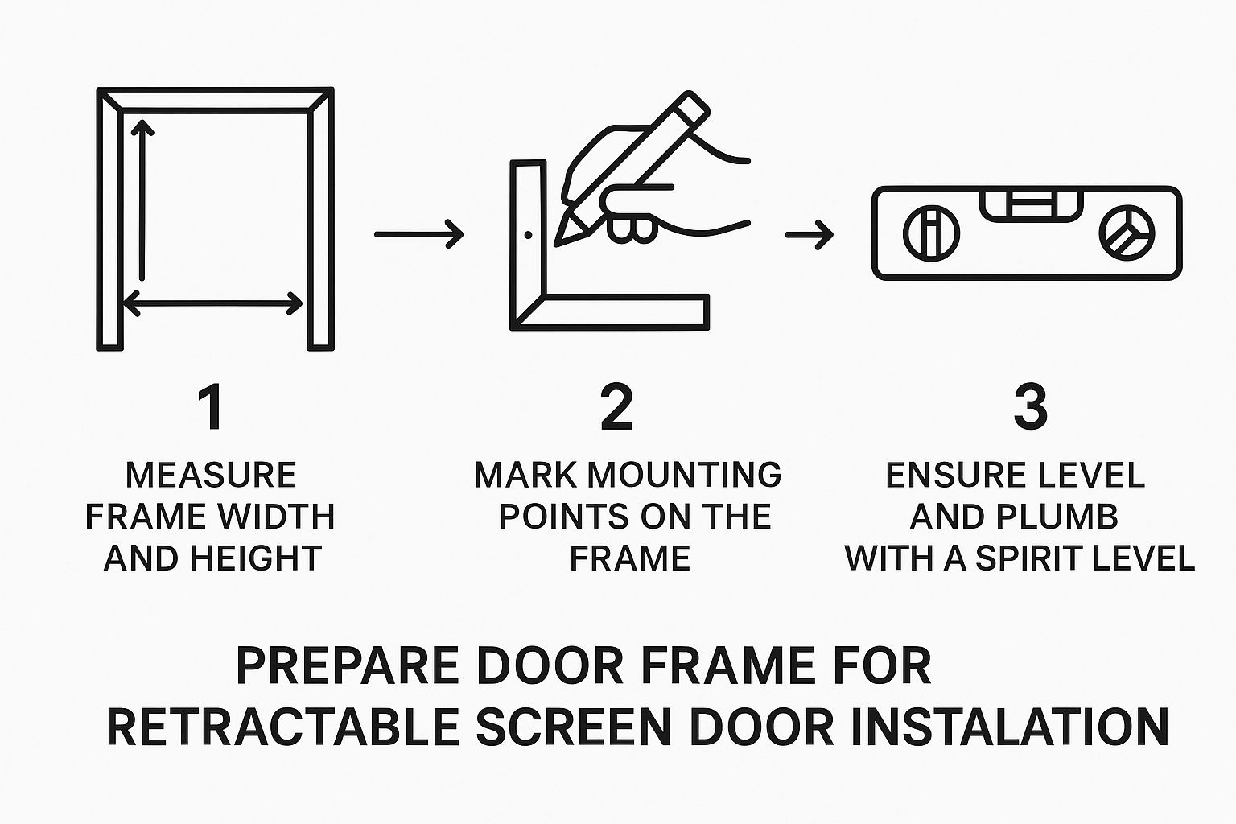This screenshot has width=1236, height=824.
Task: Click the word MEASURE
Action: (212, 475)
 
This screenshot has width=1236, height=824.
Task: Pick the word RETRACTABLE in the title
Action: (283, 727)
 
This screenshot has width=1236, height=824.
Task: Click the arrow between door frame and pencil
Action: (418, 234)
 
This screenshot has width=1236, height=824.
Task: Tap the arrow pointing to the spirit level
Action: (809, 234)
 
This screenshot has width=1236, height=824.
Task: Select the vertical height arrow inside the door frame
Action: (142, 200)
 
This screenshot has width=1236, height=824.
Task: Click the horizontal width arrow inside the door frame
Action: (212, 303)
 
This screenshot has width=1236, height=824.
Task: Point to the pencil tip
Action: (557, 244)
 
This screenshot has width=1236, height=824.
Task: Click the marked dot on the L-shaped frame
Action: (528, 235)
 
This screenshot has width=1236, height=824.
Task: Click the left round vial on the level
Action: (931, 233)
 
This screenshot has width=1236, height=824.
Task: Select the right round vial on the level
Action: (1127, 233)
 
